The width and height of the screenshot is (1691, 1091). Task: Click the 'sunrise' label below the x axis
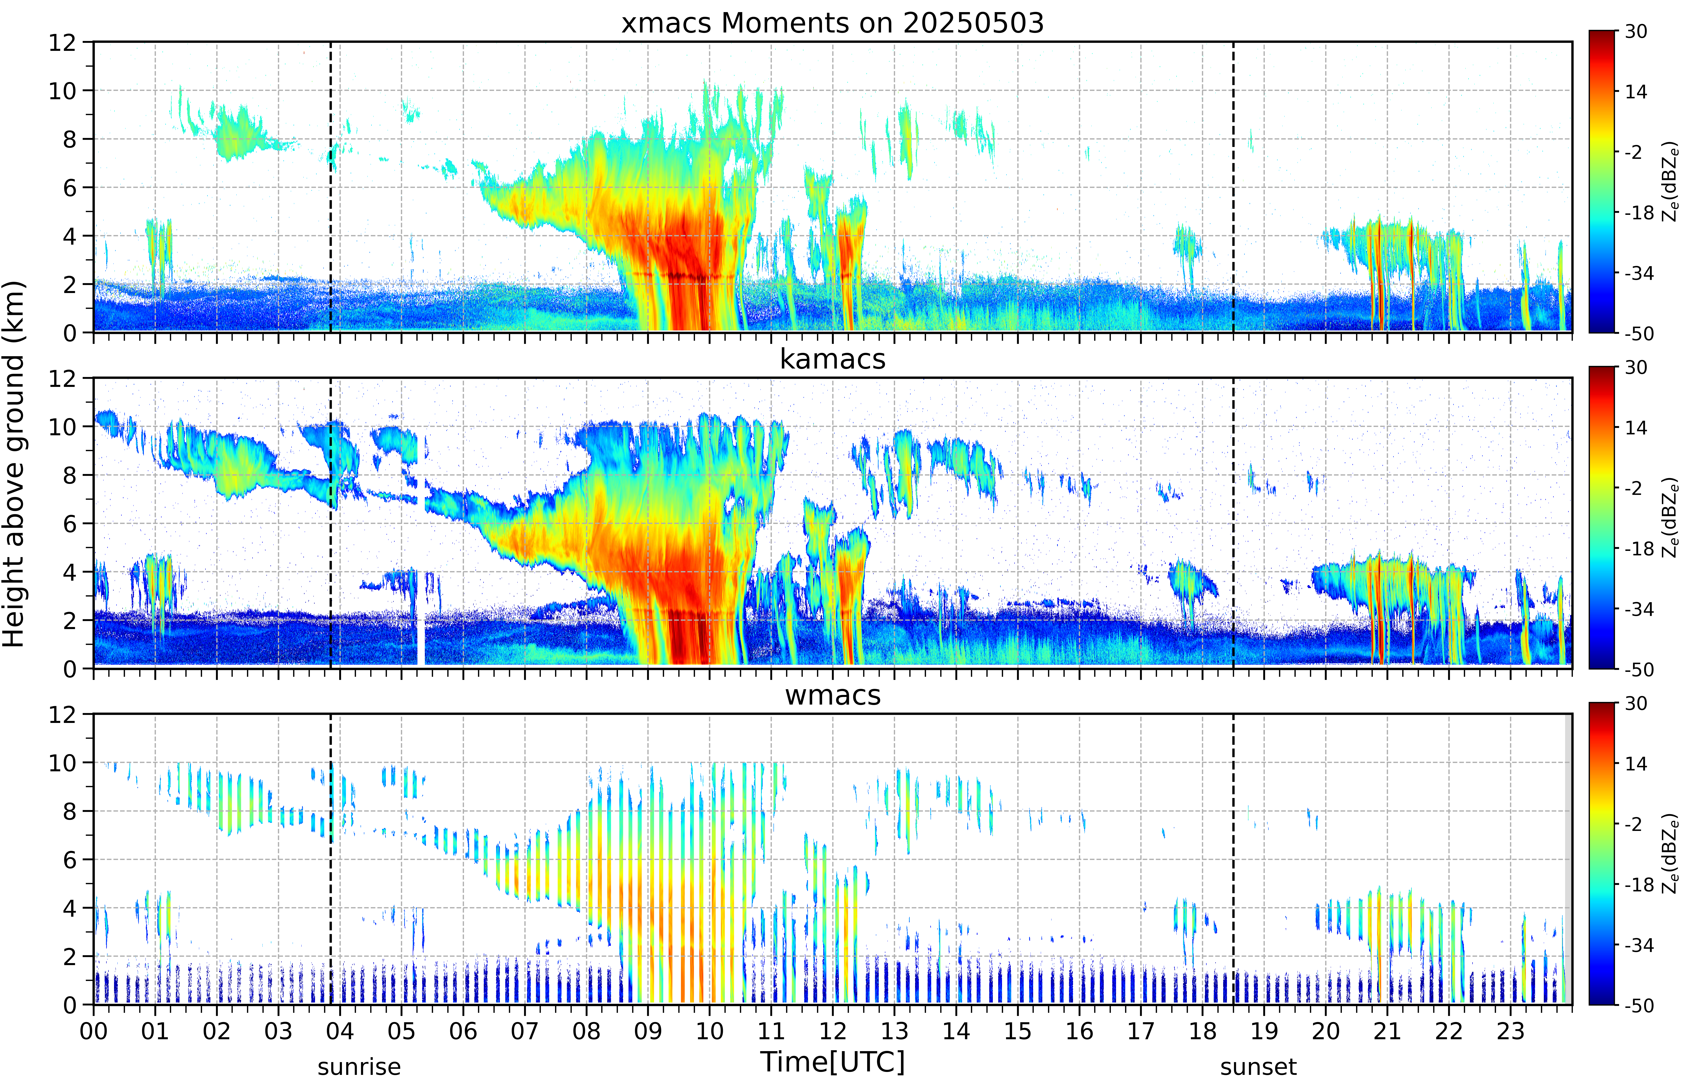359,1067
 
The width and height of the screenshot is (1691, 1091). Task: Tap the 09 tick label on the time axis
648,1031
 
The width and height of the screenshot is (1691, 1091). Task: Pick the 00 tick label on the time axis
93,1031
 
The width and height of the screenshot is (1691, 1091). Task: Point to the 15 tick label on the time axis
1018,1031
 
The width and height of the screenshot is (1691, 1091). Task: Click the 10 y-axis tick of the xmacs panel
62,91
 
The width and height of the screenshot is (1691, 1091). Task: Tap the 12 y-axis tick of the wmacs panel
62,714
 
